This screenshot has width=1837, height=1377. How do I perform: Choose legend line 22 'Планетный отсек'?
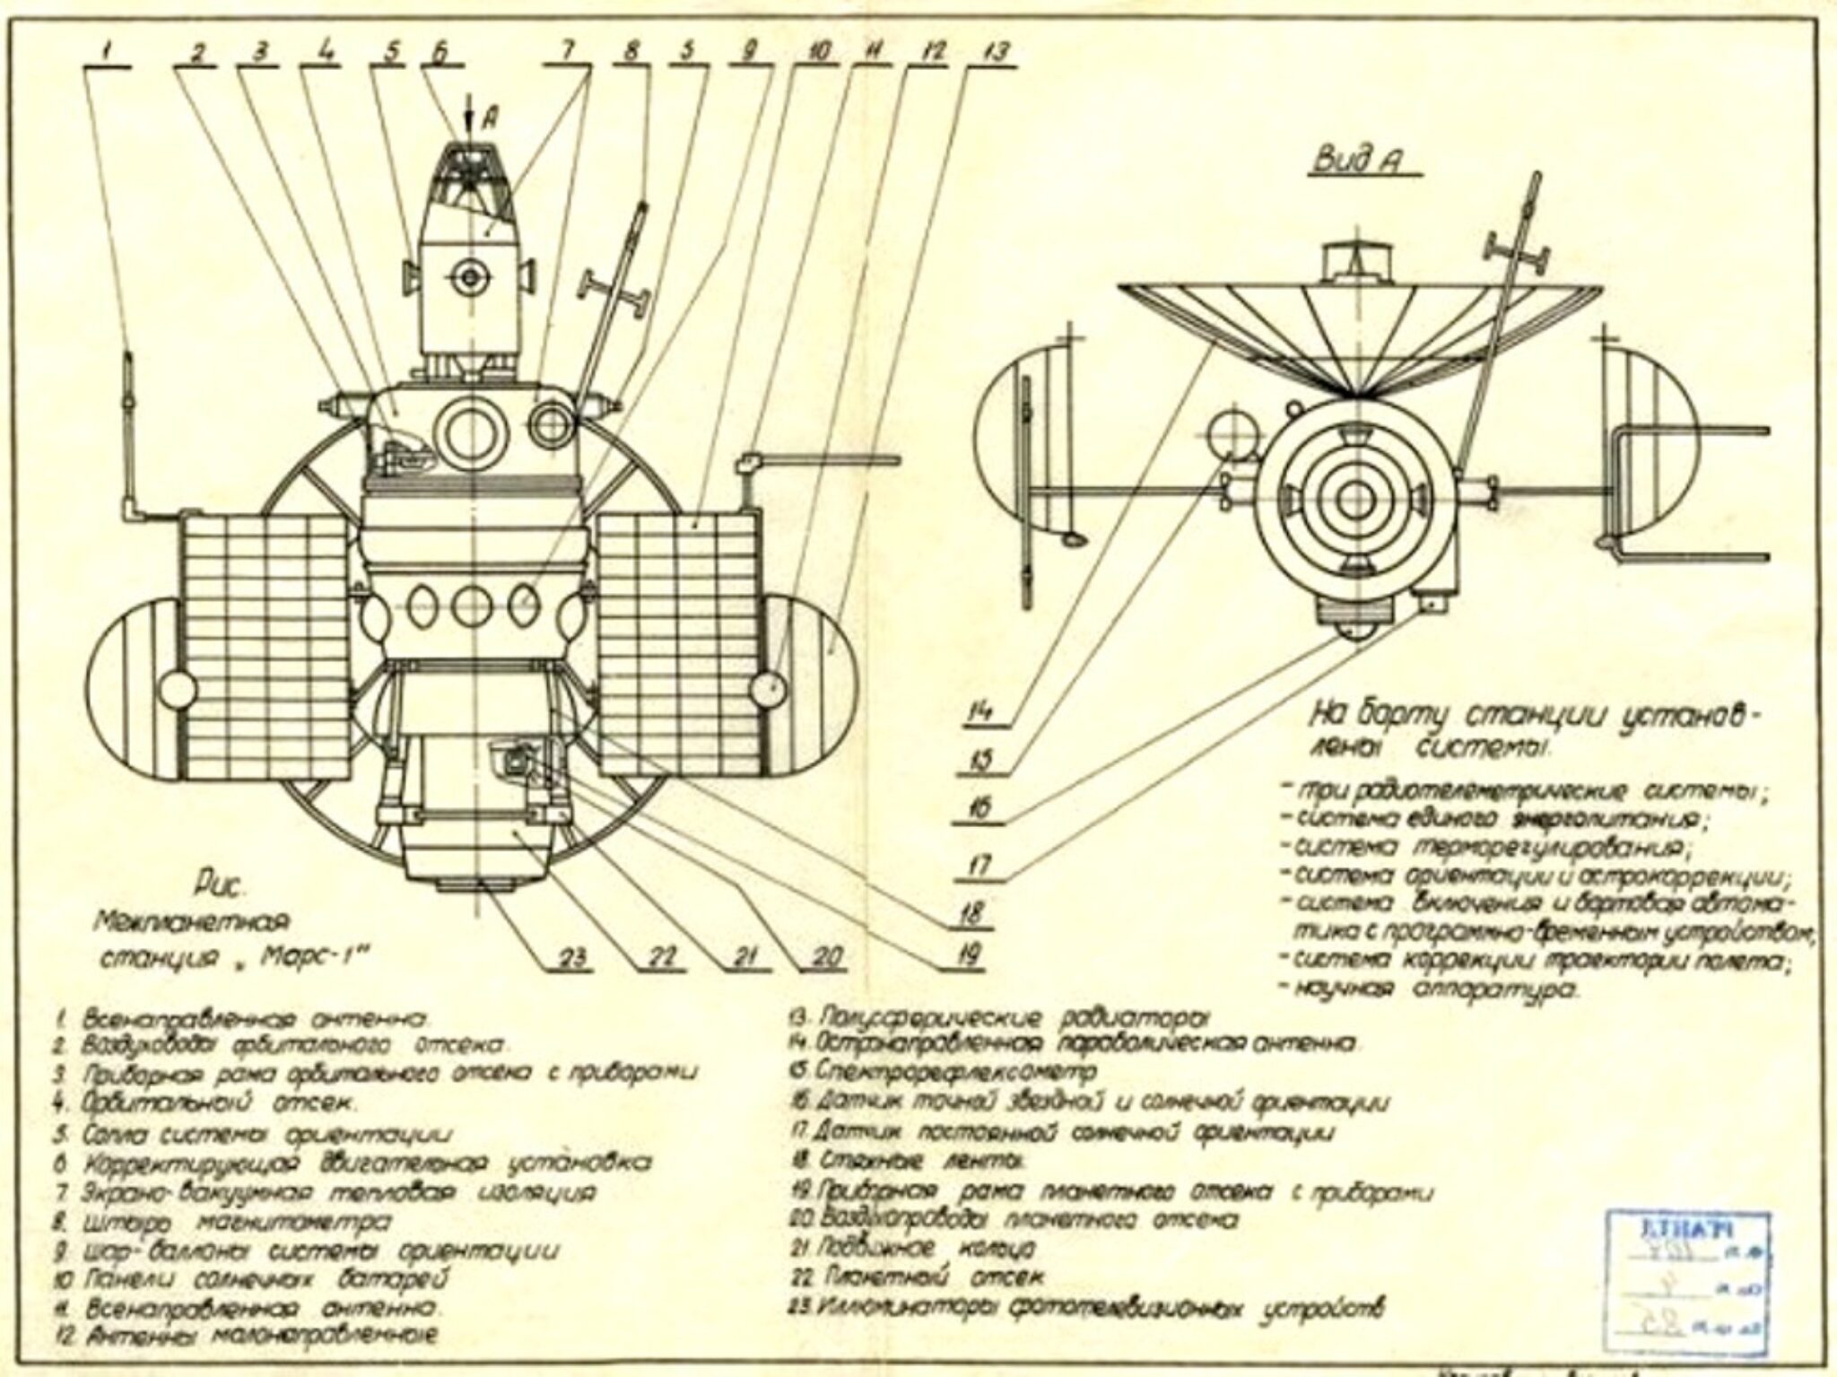pyautogui.click(x=924, y=1275)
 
